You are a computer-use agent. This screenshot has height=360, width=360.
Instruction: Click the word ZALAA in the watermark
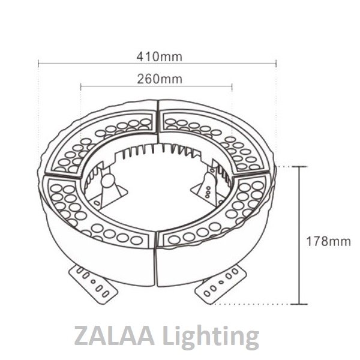point(112,336)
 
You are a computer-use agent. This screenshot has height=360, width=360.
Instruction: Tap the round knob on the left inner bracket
point(109,181)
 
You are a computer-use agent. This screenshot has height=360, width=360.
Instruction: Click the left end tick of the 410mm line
point(38,62)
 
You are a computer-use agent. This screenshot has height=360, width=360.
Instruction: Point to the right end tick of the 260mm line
point(232,86)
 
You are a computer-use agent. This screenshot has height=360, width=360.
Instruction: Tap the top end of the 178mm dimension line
point(299,166)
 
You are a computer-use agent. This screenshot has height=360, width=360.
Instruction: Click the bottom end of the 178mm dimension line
point(299,304)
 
